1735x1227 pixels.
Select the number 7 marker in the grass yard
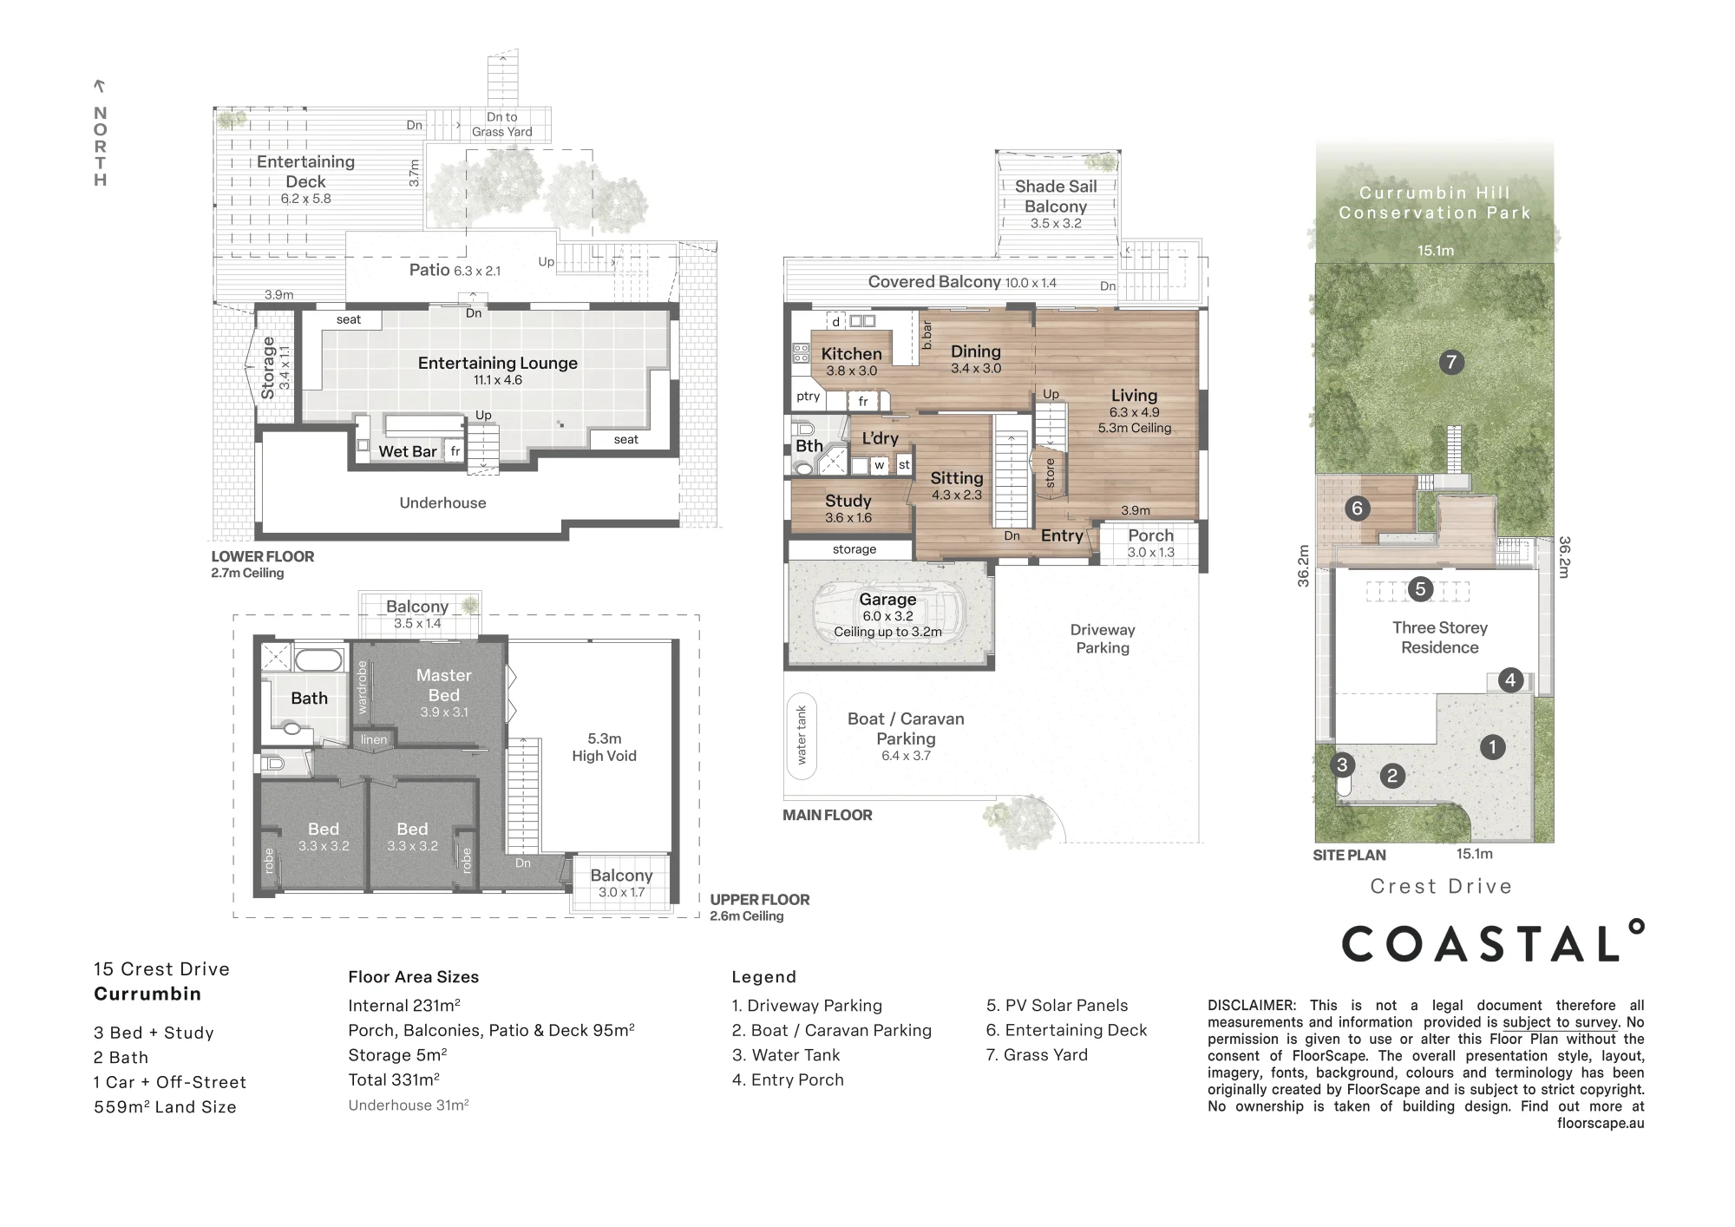(1451, 362)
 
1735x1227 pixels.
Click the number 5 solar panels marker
(1420, 589)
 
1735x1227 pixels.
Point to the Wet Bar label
(408, 451)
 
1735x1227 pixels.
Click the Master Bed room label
(443, 685)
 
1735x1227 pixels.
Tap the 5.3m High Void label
(604, 747)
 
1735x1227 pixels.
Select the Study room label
(848, 501)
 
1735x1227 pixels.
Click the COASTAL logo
(1493, 942)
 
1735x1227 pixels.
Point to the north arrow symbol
(100, 86)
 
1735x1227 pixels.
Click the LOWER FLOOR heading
(263, 556)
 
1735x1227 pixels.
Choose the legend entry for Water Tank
(786, 1055)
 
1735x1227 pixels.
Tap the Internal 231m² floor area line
(404, 1006)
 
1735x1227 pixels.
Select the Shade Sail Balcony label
(1056, 196)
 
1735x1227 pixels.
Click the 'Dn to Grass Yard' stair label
(502, 124)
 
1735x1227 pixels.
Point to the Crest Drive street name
(1441, 886)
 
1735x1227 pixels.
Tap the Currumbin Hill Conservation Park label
(1435, 202)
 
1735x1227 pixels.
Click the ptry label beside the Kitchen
(808, 396)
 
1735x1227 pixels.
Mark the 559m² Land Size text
(165, 1106)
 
